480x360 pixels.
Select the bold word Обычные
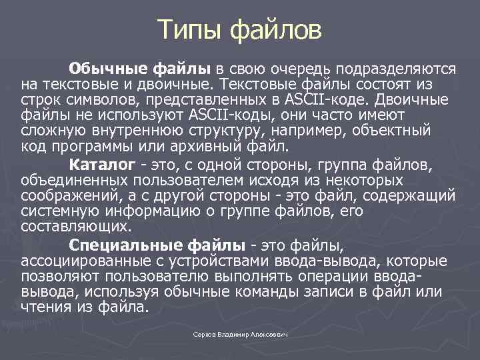(110, 69)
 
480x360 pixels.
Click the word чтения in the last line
(44, 306)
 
